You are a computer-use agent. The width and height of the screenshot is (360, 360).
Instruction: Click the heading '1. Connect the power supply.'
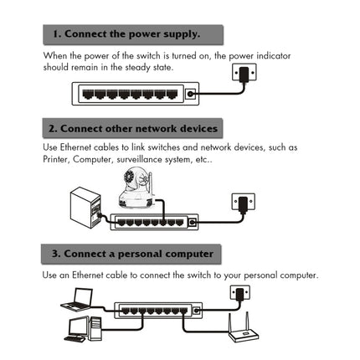coord(126,34)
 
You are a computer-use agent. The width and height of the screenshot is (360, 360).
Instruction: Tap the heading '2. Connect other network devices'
coord(133,128)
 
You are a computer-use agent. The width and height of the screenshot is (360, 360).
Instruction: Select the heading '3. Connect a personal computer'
coord(132,252)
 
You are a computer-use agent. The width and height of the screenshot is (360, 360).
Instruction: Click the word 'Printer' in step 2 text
coord(55,159)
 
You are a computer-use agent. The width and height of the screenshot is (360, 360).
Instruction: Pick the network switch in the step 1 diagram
coord(138,93)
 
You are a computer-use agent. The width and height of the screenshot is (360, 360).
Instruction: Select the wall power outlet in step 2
coord(242,202)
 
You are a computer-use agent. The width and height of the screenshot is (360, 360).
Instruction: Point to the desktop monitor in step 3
coord(78,327)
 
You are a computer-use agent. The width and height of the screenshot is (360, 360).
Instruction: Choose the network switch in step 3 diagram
coord(158,311)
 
